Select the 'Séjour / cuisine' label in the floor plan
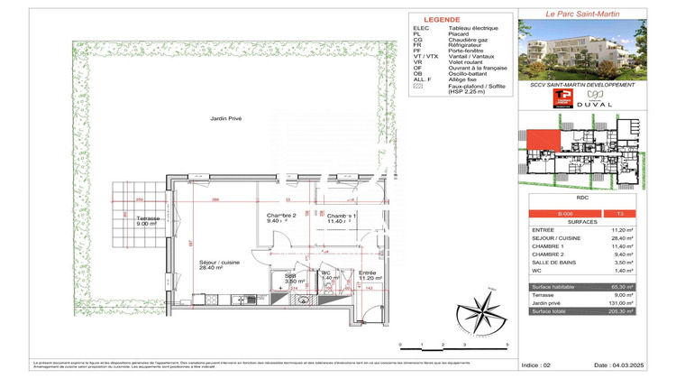click(216, 263)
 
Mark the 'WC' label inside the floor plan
click(328, 273)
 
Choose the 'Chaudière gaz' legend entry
click(468, 41)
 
